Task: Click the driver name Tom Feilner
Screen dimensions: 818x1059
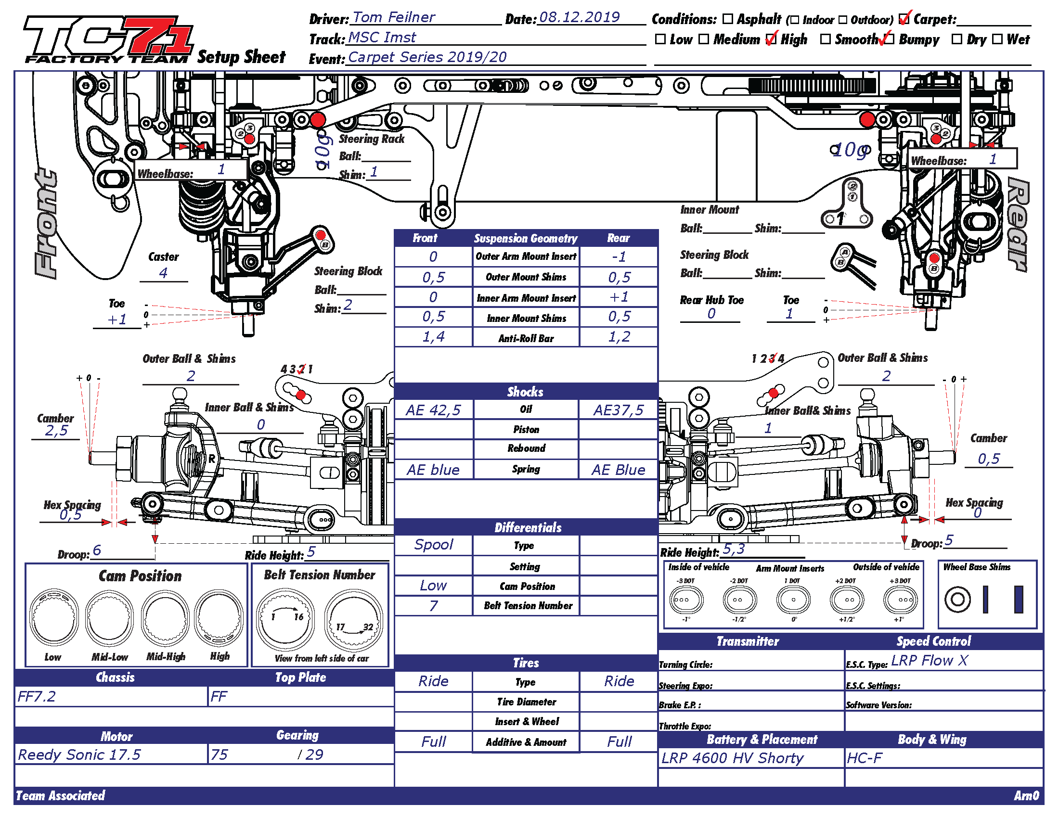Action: click(393, 17)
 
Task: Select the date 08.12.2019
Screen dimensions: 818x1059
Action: click(579, 17)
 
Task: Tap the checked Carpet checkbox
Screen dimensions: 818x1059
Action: click(904, 19)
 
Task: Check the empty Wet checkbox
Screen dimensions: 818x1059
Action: click(997, 39)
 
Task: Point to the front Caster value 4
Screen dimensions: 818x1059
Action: click(163, 273)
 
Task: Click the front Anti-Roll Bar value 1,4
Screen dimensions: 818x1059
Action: click(433, 337)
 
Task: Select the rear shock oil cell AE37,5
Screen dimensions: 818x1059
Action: click(618, 410)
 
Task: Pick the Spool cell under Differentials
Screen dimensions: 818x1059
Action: click(433, 545)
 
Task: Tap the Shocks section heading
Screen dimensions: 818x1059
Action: click(526, 392)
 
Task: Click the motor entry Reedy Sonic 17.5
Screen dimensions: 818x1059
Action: click(79, 754)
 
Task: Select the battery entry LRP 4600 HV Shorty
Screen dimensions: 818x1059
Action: click(732, 758)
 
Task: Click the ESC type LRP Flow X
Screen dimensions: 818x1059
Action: click(929, 660)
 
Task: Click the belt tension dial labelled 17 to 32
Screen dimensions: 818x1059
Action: click(353, 620)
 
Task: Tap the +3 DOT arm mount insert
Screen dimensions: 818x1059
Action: click(900, 600)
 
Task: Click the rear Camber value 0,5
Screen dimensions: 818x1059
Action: click(988, 459)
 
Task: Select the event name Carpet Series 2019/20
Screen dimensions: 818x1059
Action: click(427, 57)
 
